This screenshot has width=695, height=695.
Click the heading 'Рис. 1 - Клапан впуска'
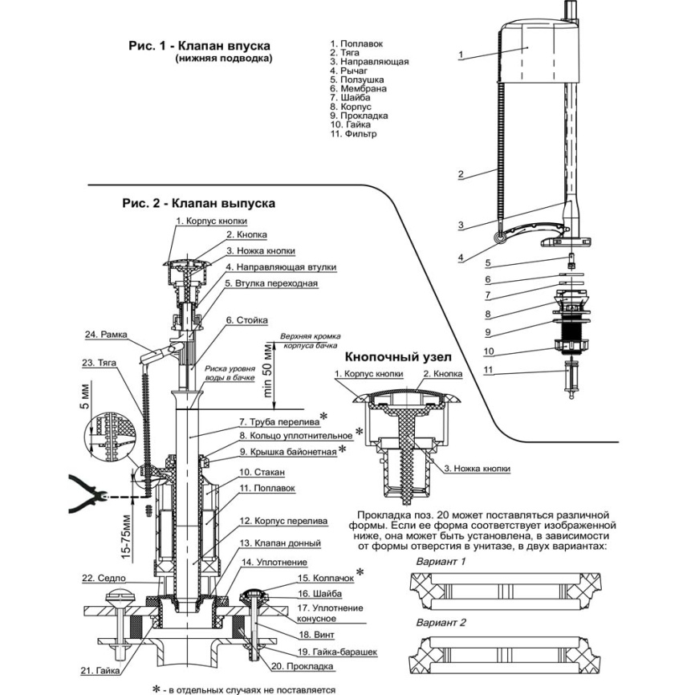[199, 46]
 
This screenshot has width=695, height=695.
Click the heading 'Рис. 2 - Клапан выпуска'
[198, 203]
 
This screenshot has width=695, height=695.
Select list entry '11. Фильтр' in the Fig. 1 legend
[353, 134]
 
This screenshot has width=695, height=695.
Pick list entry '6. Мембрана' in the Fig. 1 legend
[358, 88]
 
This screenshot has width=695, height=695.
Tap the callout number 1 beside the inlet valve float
[461, 55]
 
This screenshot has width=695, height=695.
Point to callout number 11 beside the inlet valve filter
[488, 370]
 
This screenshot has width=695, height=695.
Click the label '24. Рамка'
[106, 334]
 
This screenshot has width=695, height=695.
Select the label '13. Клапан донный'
[280, 543]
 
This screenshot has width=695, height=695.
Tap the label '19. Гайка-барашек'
[337, 652]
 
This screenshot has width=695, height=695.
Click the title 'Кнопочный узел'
[399, 357]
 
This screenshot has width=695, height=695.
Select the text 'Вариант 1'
[441, 562]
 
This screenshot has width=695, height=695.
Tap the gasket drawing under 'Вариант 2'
[506, 655]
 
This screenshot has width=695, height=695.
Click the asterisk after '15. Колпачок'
[361, 571]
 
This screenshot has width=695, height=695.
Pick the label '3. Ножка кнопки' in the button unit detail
[477, 469]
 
